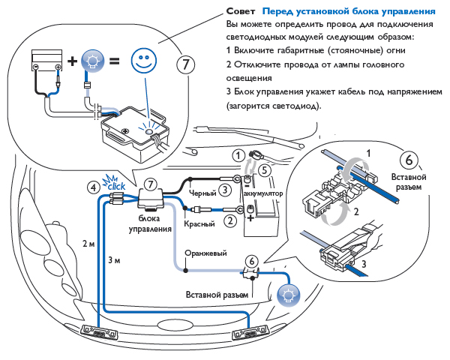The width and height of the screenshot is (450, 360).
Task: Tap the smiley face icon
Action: click(143, 60)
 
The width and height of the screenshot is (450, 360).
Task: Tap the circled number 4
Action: click(92, 187)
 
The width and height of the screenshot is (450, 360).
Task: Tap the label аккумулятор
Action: click(264, 193)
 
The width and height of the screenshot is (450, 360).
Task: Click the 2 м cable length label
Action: click(89, 244)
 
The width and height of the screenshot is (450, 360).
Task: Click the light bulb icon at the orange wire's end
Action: click(286, 294)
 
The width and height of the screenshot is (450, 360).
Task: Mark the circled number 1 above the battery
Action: click(238, 155)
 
